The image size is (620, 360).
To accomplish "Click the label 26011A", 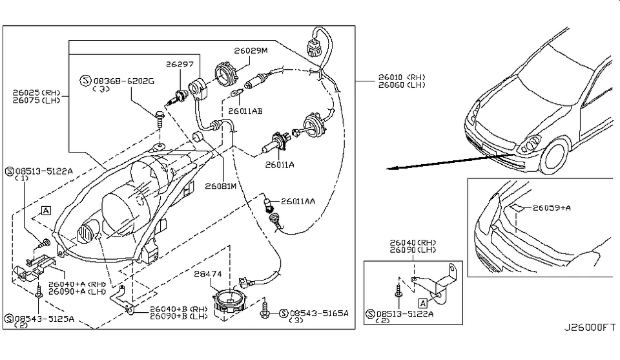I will point(279,165).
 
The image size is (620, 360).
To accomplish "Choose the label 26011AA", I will point(298,202).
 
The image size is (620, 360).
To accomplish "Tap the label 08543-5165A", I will point(318,313).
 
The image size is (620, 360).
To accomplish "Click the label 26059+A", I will point(553,208).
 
